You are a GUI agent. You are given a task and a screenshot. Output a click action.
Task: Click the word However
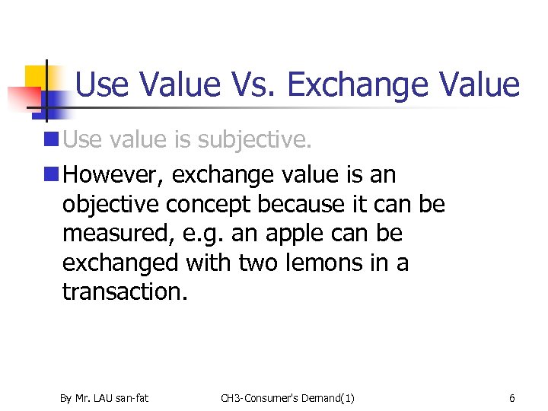(113, 175)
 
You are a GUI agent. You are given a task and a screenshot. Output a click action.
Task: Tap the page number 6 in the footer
(512, 398)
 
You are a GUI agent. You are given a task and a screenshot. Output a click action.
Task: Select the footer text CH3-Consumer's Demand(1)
(288, 398)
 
